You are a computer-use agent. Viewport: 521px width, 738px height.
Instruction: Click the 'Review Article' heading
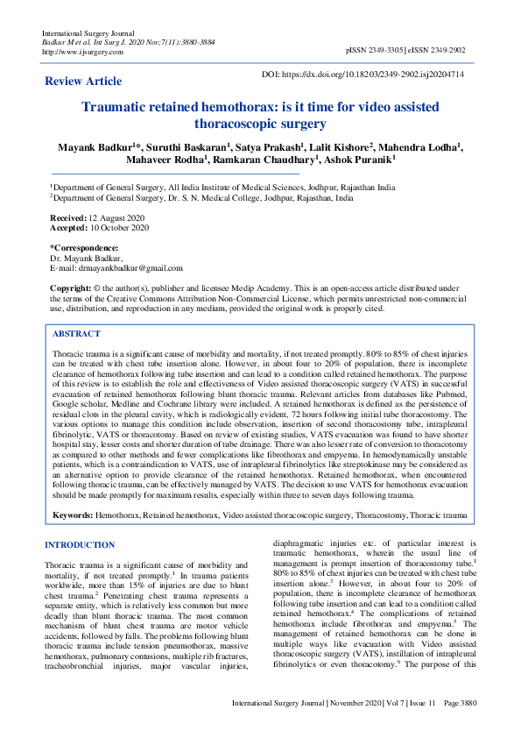point(83,82)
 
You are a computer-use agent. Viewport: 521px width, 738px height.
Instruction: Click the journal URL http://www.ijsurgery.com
point(82,52)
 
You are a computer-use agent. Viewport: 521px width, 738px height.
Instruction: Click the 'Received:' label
point(68,216)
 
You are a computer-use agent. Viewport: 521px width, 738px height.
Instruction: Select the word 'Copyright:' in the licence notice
point(70,288)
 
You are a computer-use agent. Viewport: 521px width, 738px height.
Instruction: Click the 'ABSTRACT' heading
point(76,334)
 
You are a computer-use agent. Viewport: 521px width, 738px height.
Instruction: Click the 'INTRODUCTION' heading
point(80,521)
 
